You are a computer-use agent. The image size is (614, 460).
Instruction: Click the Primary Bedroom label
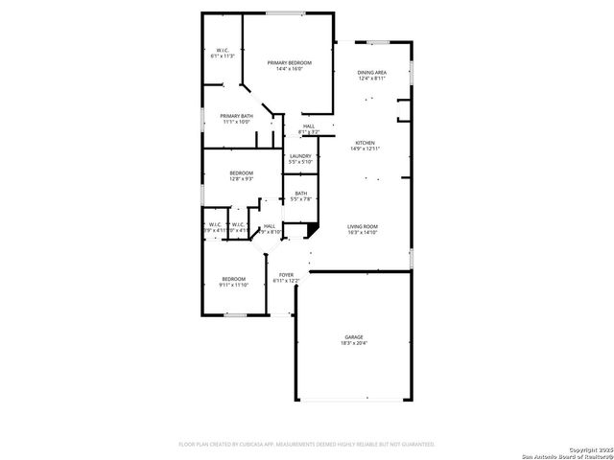point(289,62)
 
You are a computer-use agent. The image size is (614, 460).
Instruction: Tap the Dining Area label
point(371,73)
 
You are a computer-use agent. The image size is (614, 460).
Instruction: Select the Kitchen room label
point(366,142)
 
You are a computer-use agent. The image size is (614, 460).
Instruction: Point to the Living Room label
point(363,226)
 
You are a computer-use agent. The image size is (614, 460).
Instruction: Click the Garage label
point(354,336)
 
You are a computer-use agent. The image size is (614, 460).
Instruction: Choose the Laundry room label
point(300,156)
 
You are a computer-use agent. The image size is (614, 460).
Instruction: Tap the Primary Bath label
point(236,116)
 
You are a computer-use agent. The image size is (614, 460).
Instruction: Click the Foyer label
point(287,275)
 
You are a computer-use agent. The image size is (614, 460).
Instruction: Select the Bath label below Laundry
point(301,194)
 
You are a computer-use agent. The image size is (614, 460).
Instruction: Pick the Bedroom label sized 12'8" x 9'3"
point(241,172)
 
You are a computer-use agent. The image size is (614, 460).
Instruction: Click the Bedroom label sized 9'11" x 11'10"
point(233,279)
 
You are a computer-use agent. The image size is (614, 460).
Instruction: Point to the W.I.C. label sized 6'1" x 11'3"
point(222,51)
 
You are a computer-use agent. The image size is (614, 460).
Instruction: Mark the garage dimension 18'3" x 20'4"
point(354,342)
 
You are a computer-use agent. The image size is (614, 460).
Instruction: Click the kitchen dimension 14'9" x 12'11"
point(366,148)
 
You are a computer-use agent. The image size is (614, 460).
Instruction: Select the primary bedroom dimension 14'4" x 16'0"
point(289,68)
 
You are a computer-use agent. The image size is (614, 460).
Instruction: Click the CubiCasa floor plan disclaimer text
point(307,444)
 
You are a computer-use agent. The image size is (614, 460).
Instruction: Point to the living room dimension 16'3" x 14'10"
point(363,232)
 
